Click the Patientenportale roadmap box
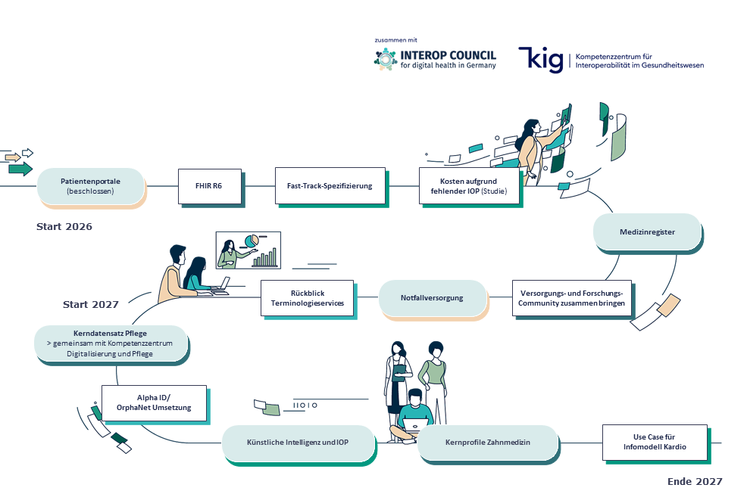click(x=90, y=186)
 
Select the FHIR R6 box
click(x=210, y=186)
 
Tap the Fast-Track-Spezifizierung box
click(x=330, y=186)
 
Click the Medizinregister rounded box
click(x=646, y=232)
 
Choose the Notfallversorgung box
click(x=432, y=298)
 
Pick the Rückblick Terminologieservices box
click(x=307, y=298)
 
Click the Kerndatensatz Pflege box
click(x=111, y=343)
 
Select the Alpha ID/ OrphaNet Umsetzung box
click(x=154, y=402)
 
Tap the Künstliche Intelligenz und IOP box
click(x=298, y=443)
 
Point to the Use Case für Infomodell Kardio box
click(x=654, y=443)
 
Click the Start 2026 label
click(x=64, y=227)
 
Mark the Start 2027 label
click(x=91, y=305)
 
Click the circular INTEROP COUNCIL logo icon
click(x=386, y=59)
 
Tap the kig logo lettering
click(x=540, y=59)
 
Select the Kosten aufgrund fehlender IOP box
click(x=470, y=187)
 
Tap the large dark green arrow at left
click(x=20, y=169)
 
